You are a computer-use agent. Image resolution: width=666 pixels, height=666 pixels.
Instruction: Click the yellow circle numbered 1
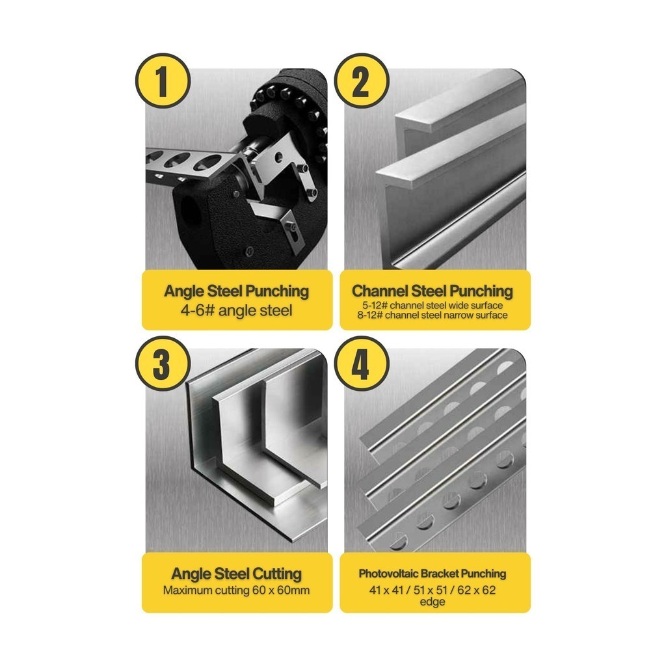tap(163, 81)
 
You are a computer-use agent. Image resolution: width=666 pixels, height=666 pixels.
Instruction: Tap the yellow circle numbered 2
tap(362, 81)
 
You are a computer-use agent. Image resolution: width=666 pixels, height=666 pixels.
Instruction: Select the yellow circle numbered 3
tap(163, 364)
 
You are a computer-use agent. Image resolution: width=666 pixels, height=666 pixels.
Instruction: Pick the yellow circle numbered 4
tap(362, 364)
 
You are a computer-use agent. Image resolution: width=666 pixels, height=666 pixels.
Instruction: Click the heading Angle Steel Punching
tap(237, 292)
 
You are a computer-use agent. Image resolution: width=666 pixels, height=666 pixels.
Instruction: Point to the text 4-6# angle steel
tap(237, 310)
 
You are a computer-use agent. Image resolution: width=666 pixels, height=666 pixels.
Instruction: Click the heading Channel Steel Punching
tap(433, 291)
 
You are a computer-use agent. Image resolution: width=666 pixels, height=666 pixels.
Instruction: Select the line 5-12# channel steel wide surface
tap(433, 306)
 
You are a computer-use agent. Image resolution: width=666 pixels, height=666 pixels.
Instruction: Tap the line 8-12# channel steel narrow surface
tap(433, 315)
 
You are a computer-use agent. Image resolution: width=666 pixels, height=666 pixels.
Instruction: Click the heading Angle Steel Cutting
tap(237, 574)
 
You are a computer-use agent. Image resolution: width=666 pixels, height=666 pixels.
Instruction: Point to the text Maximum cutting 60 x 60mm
tap(237, 591)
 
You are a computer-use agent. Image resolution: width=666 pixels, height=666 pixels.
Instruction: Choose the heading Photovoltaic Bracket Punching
tap(433, 574)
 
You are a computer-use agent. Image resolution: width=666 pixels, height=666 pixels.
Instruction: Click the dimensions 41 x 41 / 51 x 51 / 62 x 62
tap(433, 590)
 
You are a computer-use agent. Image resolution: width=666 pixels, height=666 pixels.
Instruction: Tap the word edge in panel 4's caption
tap(433, 602)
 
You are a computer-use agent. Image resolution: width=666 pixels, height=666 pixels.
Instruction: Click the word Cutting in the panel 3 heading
tap(277, 574)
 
